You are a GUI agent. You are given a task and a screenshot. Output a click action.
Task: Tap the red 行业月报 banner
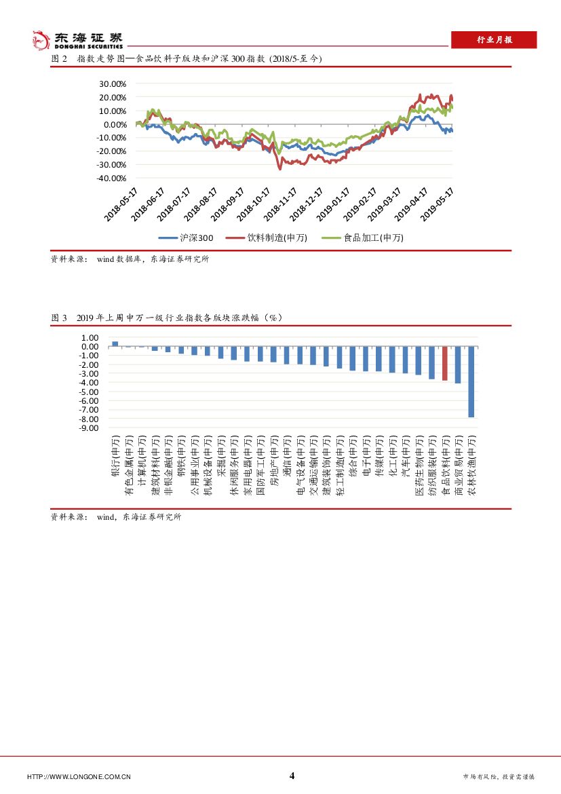pos(494,40)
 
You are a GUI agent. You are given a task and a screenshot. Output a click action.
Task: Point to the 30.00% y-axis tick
pos(113,84)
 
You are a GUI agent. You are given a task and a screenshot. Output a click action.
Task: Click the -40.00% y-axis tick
pos(111,178)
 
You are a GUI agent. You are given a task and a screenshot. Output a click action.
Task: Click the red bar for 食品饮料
pos(445,363)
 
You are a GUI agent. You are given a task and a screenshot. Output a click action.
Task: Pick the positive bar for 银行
pos(115,344)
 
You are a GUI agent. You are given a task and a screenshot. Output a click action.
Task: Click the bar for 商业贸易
pos(458,364)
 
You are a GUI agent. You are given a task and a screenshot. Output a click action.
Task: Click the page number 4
pos(292,776)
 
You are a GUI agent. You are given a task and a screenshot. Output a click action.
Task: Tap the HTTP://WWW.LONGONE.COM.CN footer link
pos(79,777)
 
